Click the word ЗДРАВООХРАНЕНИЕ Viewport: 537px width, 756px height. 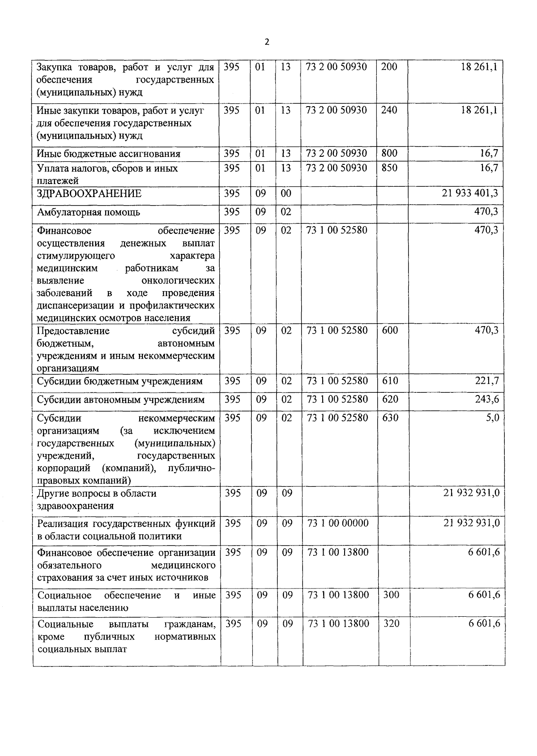click(x=89, y=194)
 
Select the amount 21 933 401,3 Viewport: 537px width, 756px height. click(x=469, y=193)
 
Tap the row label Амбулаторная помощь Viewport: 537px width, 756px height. click(x=88, y=212)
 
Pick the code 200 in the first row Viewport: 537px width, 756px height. click(x=389, y=67)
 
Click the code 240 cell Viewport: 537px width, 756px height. click(x=389, y=110)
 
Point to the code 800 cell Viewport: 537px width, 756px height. click(x=389, y=154)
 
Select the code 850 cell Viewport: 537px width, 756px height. click(x=389, y=168)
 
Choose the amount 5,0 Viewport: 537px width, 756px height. click(x=492, y=418)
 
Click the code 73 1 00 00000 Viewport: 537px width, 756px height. click(x=338, y=523)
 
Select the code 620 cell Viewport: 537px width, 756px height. click(x=390, y=399)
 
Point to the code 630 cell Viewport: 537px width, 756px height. click(x=390, y=418)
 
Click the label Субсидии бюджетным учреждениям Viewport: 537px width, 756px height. click(x=119, y=382)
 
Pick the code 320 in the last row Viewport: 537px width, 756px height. click(x=391, y=623)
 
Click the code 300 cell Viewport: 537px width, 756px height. click(x=391, y=595)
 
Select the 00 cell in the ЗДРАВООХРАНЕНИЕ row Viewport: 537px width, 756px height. click(x=286, y=193)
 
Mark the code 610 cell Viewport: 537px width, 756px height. click(x=390, y=381)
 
